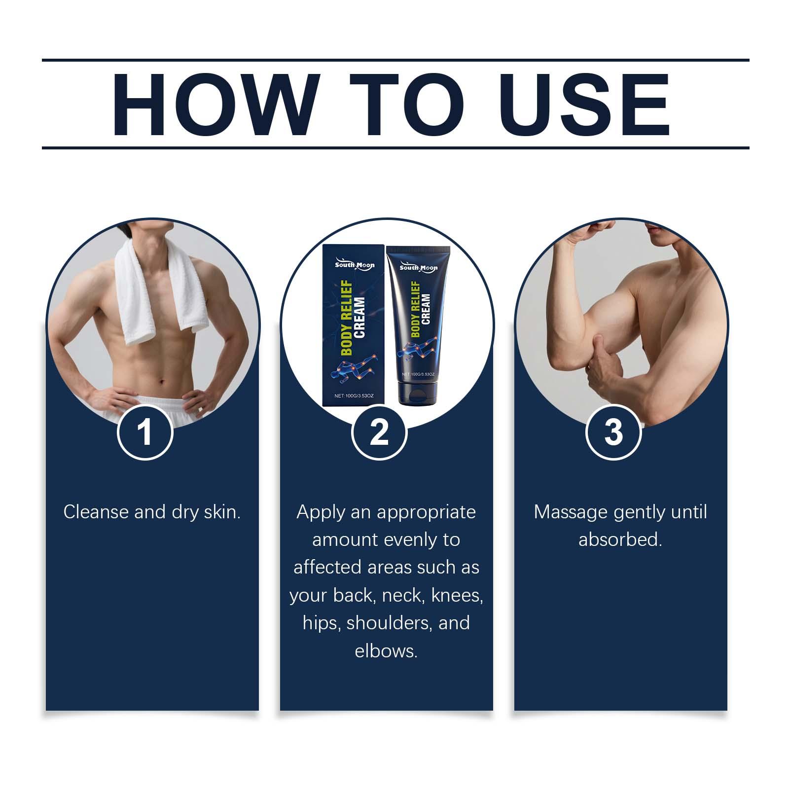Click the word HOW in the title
(214, 105)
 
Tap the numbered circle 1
(145, 432)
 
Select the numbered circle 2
(379, 432)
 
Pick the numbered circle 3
(613, 432)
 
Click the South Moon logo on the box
(355, 264)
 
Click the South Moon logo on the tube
(418, 267)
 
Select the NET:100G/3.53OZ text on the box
(355, 395)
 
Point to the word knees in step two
(457, 596)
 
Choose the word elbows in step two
(386, 651)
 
